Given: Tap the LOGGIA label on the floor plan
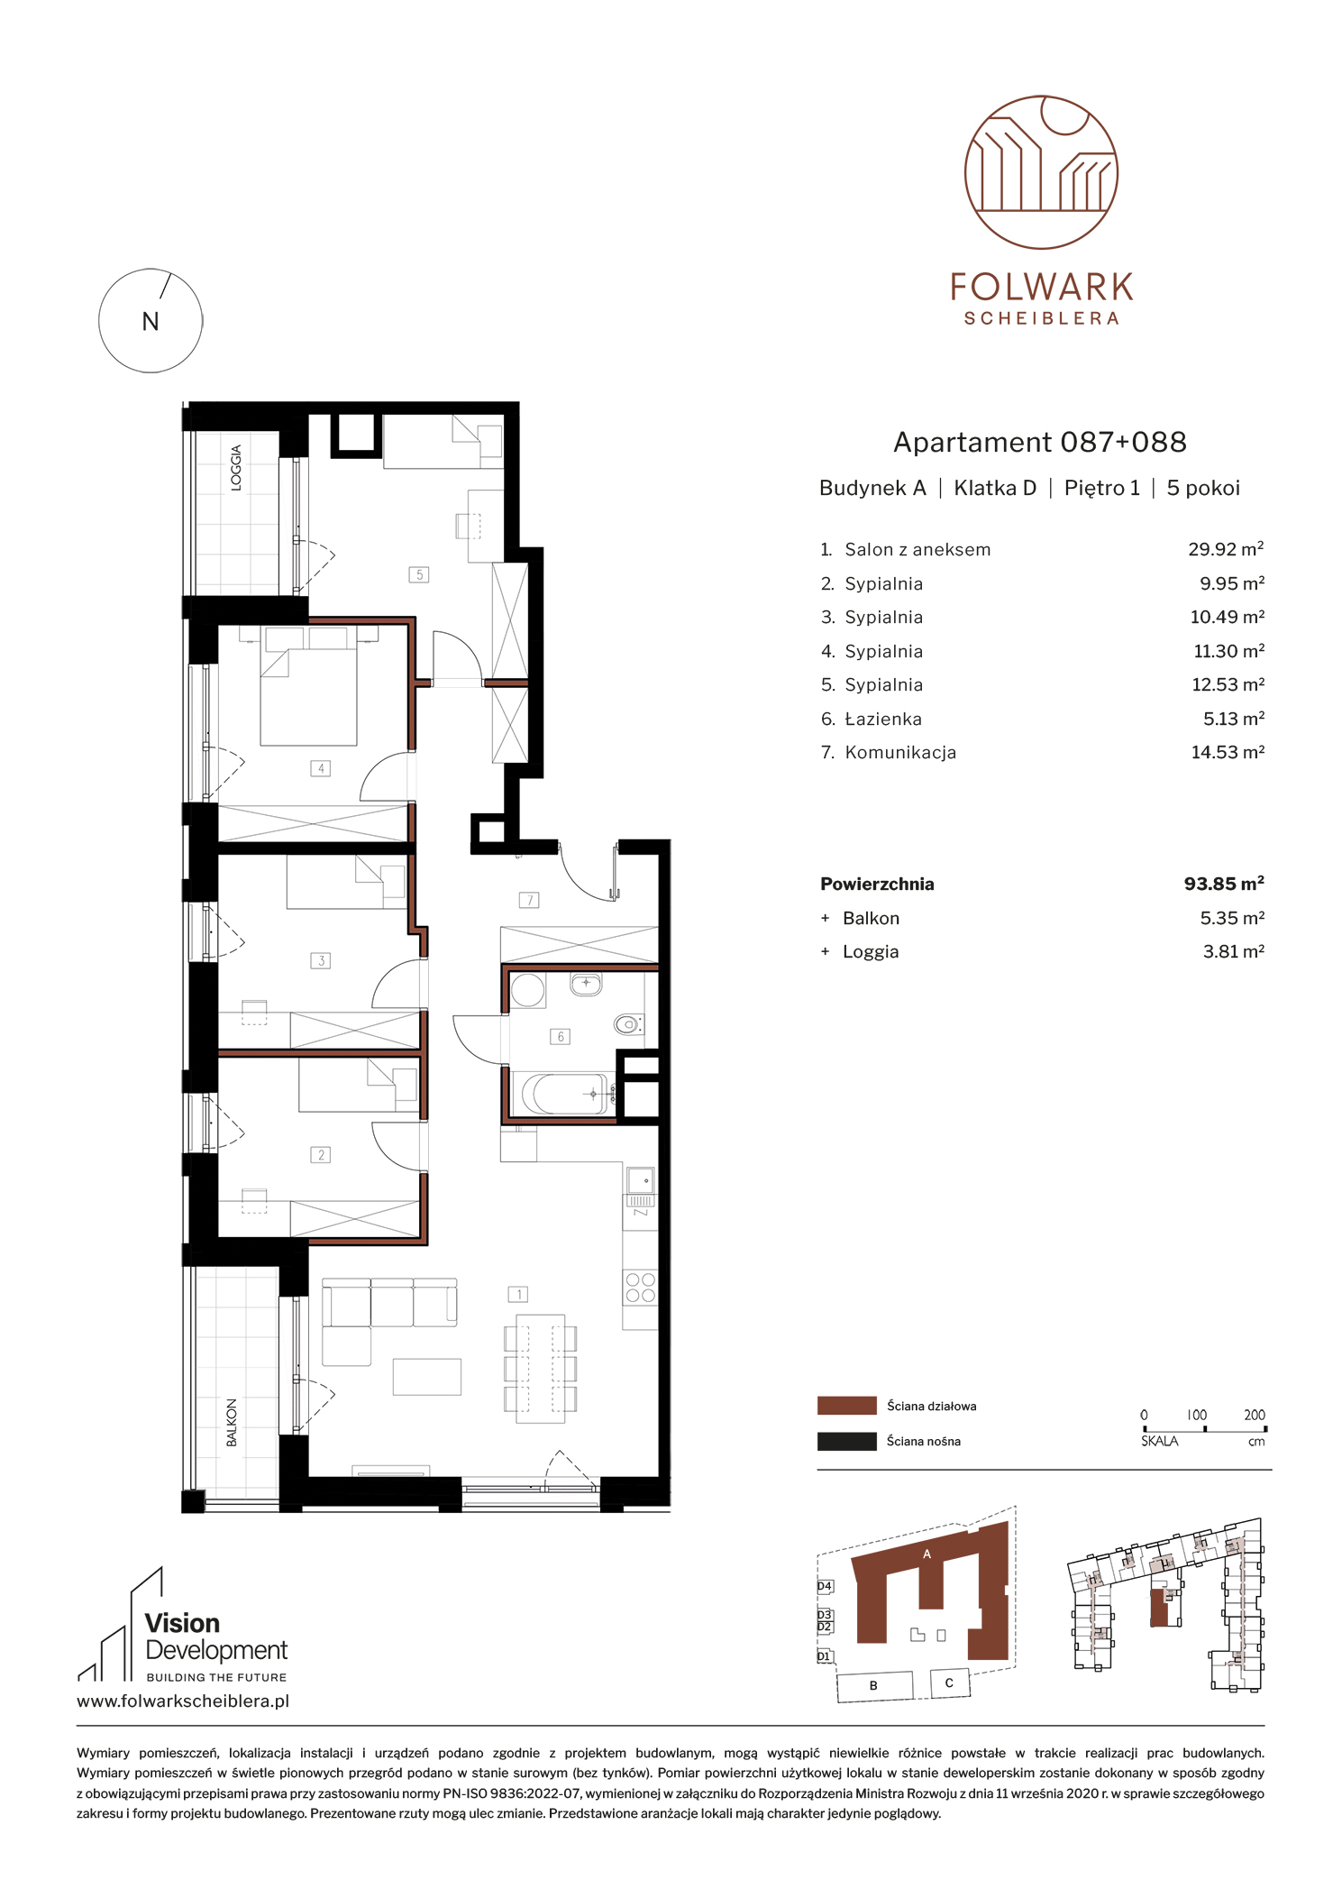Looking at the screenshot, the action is click(236, 467).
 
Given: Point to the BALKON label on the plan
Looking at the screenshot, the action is click(232, 1422).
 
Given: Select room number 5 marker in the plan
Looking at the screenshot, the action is click(419, 574).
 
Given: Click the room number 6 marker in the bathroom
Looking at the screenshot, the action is click(561, 1037).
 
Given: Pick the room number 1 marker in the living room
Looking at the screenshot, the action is click(518, 1294).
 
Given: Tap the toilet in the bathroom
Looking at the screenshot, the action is click(629, 1023).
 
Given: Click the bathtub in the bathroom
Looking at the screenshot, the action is click(563, 1094).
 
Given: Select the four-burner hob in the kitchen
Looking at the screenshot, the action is click(640, 1287).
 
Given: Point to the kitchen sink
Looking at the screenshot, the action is click(641, 1179).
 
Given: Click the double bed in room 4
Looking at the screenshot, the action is click(308, 686).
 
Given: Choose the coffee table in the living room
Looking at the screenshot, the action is click(427, 1377).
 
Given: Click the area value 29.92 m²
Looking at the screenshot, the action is click(1226, 549).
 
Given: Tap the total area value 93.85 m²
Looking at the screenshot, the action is click(1224, 884).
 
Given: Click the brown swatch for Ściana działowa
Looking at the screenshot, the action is click(846, 1405).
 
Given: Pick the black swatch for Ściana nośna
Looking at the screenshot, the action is click(846, 1441).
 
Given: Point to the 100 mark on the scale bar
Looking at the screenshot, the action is click(1197, 1415).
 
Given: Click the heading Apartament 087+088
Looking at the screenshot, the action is click(1040, 442).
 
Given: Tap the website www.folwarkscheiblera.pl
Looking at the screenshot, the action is click(183, 1701).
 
